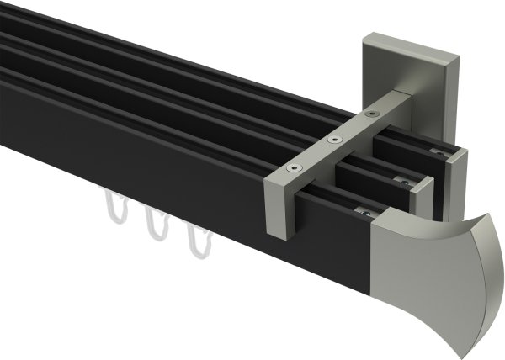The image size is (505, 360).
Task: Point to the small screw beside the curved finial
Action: [x=367, y=214]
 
